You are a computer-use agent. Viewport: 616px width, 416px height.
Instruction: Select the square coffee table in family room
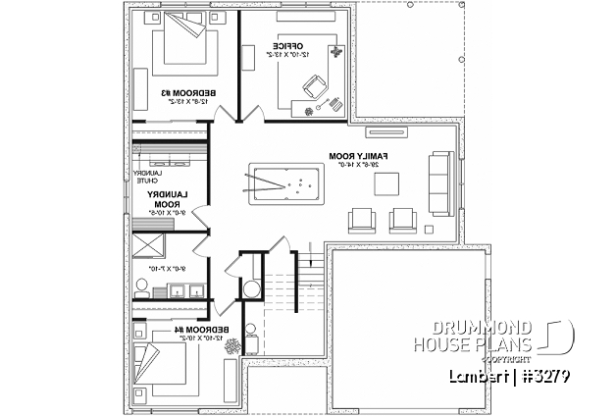[387, 182]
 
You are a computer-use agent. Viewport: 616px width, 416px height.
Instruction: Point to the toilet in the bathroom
[142, 288]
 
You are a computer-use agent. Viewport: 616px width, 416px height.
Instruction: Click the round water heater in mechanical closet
[251, 289]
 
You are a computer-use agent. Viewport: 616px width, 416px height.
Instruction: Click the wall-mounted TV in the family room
[379, 130]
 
